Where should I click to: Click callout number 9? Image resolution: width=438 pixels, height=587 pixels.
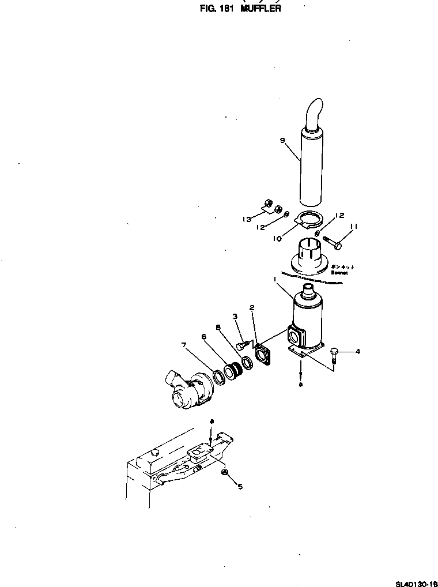282,140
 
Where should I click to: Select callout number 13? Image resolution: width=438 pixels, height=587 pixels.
248,219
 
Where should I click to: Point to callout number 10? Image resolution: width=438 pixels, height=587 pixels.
277,237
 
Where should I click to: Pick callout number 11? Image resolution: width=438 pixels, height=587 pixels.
354,227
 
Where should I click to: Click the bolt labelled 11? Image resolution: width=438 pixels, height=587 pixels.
331,242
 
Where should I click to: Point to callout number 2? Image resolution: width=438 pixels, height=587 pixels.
252,308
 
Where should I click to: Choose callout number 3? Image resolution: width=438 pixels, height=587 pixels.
235,315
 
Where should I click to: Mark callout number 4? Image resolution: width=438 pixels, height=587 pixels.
358,351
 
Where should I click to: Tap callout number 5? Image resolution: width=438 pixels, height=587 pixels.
240,486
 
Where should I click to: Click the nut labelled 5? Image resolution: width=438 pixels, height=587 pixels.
225,473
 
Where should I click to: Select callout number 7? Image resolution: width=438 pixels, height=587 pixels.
184,345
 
